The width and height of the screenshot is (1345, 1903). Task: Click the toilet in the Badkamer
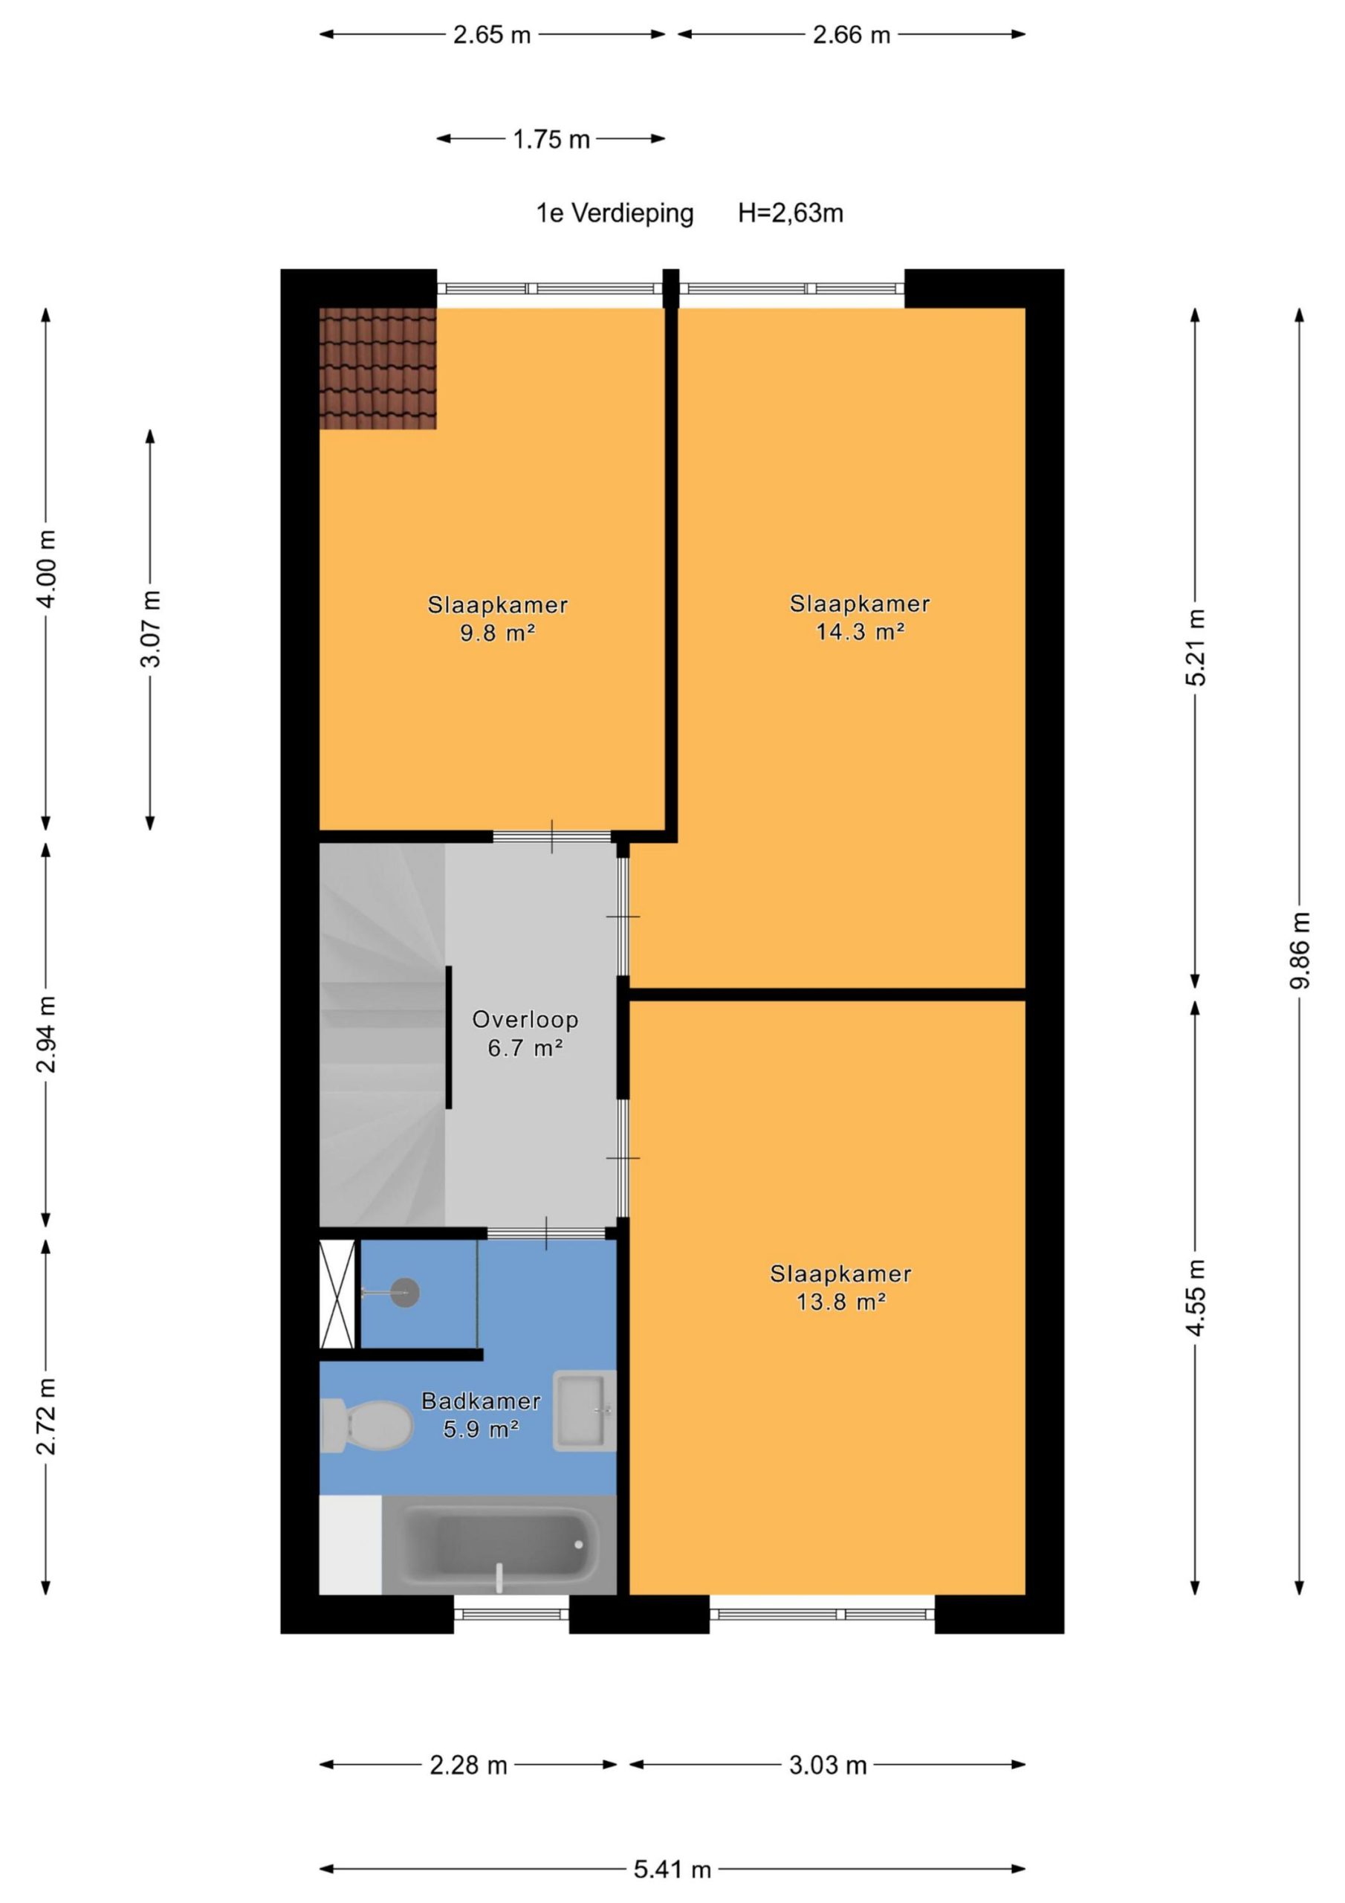(x=366, y=1427)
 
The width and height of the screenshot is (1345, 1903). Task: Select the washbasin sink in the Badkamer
(x=584, y=1410)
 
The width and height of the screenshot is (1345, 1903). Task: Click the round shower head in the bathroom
(x=405, y=1293)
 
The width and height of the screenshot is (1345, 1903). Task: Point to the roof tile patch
(x=378, y=369)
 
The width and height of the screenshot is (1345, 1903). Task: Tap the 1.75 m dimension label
(x=551, y=139)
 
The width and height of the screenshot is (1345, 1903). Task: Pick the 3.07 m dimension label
(x=151, y=629)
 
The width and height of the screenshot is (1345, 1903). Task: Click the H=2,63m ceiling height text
(x=791, y=214)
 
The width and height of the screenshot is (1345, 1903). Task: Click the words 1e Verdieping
(x=615, y=214)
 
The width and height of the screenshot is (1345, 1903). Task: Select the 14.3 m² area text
(x=861, y=633)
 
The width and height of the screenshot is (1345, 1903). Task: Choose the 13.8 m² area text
(x=841, y=1302)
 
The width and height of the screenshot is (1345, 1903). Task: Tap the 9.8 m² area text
(x=497, y=633)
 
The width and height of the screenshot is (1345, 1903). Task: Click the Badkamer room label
(x=481, y=1401)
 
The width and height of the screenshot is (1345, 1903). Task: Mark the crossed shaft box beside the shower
(x=338, y=1295)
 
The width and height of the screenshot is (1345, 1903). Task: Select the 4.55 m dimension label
(x=1195, y=1297)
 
